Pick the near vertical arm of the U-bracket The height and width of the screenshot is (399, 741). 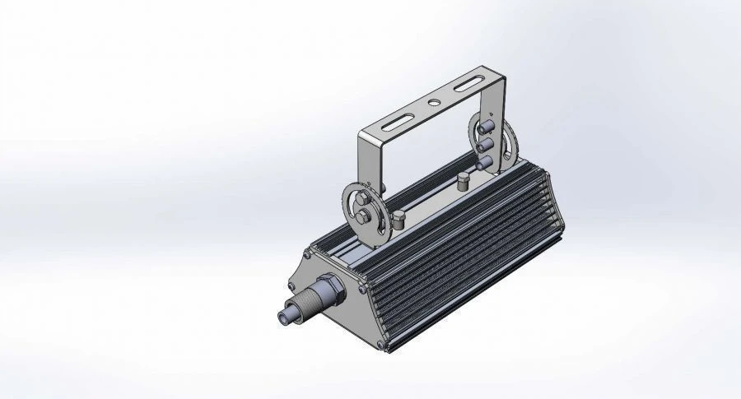[368, 160]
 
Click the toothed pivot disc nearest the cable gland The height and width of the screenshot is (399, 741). [362, 211]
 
